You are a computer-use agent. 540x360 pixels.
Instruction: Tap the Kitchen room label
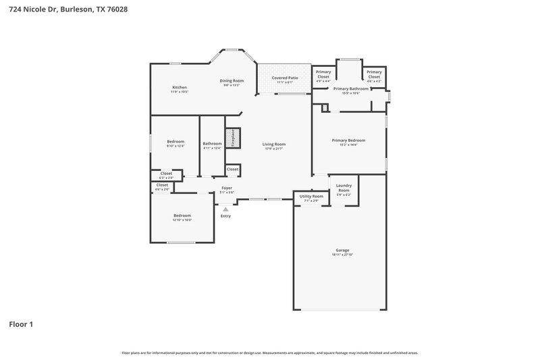pyautogui.click(x=179, y=87)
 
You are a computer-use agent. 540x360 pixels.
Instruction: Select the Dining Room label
pyautogui.click(x=232, y=81)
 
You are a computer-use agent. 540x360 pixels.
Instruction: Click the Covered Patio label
pyautogui.click(x=285, y=78)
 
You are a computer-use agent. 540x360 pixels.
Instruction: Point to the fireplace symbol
pyautogui.click(x=232, y=138)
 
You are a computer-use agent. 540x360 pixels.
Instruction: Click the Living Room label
pyautogui.click(x=274, y=144)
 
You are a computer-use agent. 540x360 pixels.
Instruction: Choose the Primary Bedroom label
pyautogui.click(x=348, y=140)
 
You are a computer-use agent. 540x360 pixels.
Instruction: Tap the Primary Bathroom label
pyautogui.click(x=350, y=88)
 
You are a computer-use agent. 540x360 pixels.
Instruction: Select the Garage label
pyautogui.click(x=342, y=250)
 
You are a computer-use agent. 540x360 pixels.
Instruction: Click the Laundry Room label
pyautogui.click(x=344, y=190)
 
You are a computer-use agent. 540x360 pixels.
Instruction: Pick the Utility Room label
pyautogui.click(x=311, y=196)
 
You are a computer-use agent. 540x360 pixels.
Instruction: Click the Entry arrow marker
pyautogui.click(x=225, y=209)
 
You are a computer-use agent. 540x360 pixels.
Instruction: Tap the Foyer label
pyautogui.click(x=227, y=188)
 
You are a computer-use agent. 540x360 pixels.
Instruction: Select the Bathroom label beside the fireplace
pyautogui.click(x=212, y=143)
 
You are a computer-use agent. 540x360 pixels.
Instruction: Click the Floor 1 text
pyautogui.click(x=21, y=324)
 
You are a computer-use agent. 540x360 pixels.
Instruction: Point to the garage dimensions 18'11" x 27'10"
pyautogui.click(x=342, y=255)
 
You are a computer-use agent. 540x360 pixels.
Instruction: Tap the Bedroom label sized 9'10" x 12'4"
pyautogui.click(x=175, y=141)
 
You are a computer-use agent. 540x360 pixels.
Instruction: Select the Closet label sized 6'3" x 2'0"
pyautogui.click(x=165, y=173)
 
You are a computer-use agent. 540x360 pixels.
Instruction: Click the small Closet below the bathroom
pyautogui.click(x=232, y=169)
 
